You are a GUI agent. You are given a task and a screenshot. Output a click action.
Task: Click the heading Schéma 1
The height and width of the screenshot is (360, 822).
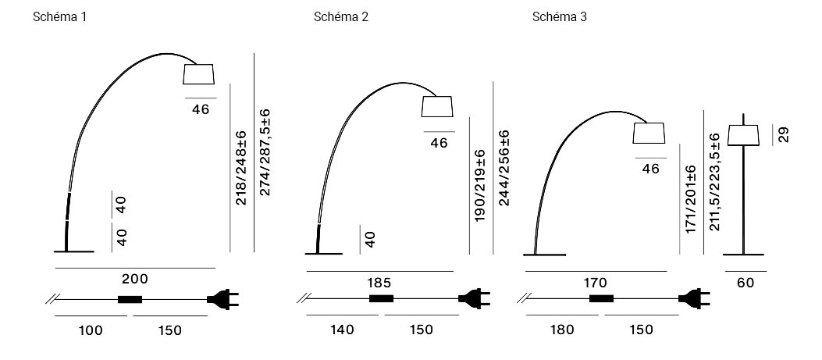coord(59,17)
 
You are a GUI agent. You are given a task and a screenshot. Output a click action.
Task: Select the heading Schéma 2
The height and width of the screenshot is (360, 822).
coord(341,17)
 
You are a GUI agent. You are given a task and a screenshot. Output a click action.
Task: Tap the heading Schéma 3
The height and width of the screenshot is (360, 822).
coord(560,17)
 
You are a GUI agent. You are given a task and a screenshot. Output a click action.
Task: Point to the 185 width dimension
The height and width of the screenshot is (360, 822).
coord(379,283)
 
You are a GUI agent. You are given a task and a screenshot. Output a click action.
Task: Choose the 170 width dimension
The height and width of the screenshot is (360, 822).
coord(595,283)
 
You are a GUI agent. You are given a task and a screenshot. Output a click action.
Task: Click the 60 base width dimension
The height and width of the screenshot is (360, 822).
coord(745,283)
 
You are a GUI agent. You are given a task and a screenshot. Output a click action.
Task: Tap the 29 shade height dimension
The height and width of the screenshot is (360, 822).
coord(783,134)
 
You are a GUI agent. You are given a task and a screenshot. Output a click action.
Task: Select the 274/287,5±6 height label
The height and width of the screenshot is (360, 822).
coord(265,152)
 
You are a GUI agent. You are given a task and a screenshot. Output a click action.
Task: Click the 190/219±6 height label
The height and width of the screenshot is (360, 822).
coord(480,186)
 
